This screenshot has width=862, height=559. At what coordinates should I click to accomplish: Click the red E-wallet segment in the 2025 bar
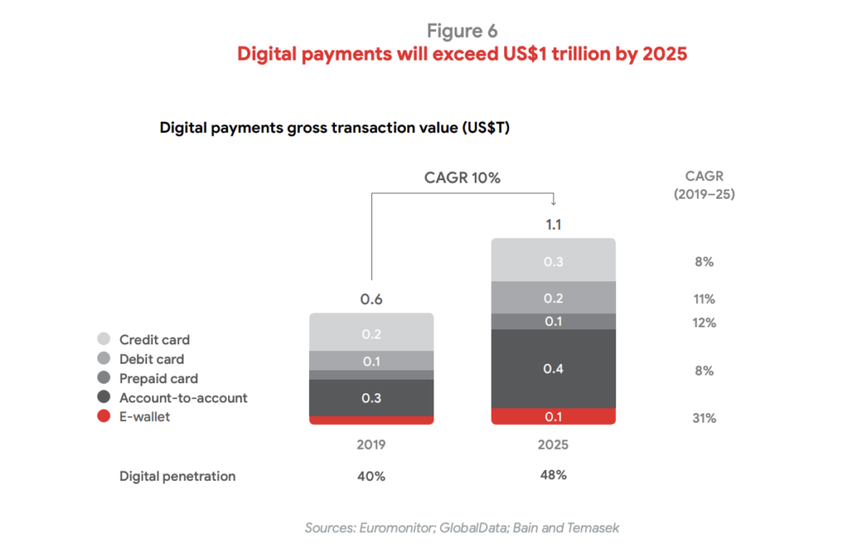click(553, 417)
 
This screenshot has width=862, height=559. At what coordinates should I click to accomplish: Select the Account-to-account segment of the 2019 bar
click(371, 397)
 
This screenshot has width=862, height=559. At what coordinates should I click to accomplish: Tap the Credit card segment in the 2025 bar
click(553, 261)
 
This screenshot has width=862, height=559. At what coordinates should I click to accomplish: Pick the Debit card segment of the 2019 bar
click(371, 360)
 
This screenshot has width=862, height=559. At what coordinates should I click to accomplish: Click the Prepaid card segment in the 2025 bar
click(553, 322)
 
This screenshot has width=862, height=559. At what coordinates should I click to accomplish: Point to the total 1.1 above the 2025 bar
click(553, 225)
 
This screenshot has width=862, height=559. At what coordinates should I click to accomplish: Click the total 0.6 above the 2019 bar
click(371, 300)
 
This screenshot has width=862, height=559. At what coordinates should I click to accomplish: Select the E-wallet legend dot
click(104, 417)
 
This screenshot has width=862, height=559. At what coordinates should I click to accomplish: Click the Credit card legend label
click(154, 340)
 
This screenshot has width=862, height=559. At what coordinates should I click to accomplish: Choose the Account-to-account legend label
click(183, 397)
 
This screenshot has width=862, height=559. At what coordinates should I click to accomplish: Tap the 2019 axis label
click(371, 445)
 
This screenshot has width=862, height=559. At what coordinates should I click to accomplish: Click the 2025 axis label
click(553, 445)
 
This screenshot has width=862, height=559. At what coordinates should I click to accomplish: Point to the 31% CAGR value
click(705, 418)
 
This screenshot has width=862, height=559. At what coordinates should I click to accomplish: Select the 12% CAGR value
click(705, 322)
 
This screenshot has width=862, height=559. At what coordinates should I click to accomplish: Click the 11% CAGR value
click(705, 299)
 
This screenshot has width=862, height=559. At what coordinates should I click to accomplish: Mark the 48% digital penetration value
click(553, 475)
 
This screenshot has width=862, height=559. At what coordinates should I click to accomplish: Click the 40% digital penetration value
click(371, 476)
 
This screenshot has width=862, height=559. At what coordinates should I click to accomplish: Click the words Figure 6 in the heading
click(461, 30)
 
